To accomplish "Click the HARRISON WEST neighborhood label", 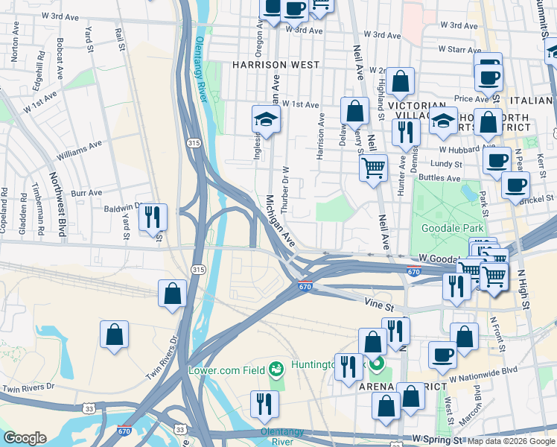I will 276,65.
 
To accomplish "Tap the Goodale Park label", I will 452,229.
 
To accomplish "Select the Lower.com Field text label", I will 227,370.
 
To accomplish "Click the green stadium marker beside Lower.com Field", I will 276,369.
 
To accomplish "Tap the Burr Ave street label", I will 86,193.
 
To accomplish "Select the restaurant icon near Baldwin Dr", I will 152,218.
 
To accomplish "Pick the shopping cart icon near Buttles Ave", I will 373,167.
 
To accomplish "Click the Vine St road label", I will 378,301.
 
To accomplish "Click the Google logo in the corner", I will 25,438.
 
